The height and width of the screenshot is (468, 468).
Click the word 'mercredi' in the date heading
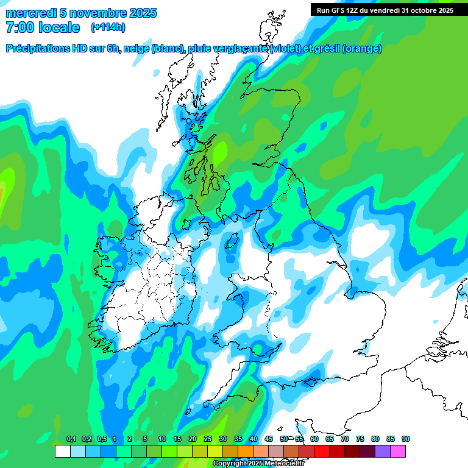pos(30,13)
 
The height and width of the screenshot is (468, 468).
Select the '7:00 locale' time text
pos(42,27)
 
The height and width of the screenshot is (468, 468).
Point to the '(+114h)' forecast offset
pos(108,27)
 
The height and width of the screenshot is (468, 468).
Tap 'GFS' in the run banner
pos(339,10)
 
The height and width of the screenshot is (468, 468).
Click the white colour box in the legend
pos(62,452)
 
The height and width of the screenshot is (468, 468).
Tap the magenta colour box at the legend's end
pos(398,452)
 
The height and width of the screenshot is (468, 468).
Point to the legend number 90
pos(406,439)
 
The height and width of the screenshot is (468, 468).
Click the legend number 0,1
pos(71,439)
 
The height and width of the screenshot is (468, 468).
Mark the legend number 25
pos(208,439)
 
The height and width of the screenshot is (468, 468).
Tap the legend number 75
pos(360,439)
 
